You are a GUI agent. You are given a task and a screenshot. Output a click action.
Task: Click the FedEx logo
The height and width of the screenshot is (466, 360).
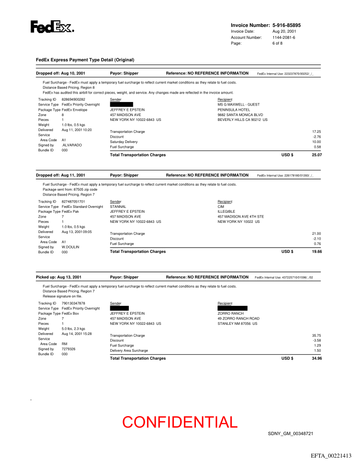click(52, 27)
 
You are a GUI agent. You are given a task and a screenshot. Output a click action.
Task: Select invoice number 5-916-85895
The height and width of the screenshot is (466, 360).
click(286, 26)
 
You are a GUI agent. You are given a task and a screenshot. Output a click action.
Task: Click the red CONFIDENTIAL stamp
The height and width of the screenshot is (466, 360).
click(180, 422)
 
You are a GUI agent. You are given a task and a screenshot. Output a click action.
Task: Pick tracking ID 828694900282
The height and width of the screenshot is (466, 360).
click(73, 100)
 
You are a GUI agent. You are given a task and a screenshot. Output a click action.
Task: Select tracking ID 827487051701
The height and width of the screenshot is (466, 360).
click(73, 202)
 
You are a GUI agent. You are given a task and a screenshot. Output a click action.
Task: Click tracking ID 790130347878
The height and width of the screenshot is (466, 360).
click(73, 304)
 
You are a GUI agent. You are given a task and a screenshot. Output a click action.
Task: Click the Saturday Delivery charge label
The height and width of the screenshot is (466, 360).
click(124, 142)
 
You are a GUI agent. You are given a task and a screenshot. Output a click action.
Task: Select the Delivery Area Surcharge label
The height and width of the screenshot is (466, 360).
click(129, 351)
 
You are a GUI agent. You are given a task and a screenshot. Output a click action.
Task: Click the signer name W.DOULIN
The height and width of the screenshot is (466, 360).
click(71, 247)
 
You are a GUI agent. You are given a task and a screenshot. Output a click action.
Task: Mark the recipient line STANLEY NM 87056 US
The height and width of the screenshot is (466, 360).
click(237, 323)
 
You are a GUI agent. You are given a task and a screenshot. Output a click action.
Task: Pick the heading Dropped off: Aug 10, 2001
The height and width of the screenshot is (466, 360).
click(60, 73)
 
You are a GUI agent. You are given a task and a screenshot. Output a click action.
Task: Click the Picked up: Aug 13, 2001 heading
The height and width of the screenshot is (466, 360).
click(59, 277)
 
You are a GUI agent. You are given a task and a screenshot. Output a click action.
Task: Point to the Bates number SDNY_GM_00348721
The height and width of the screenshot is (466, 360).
click(291, 434)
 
